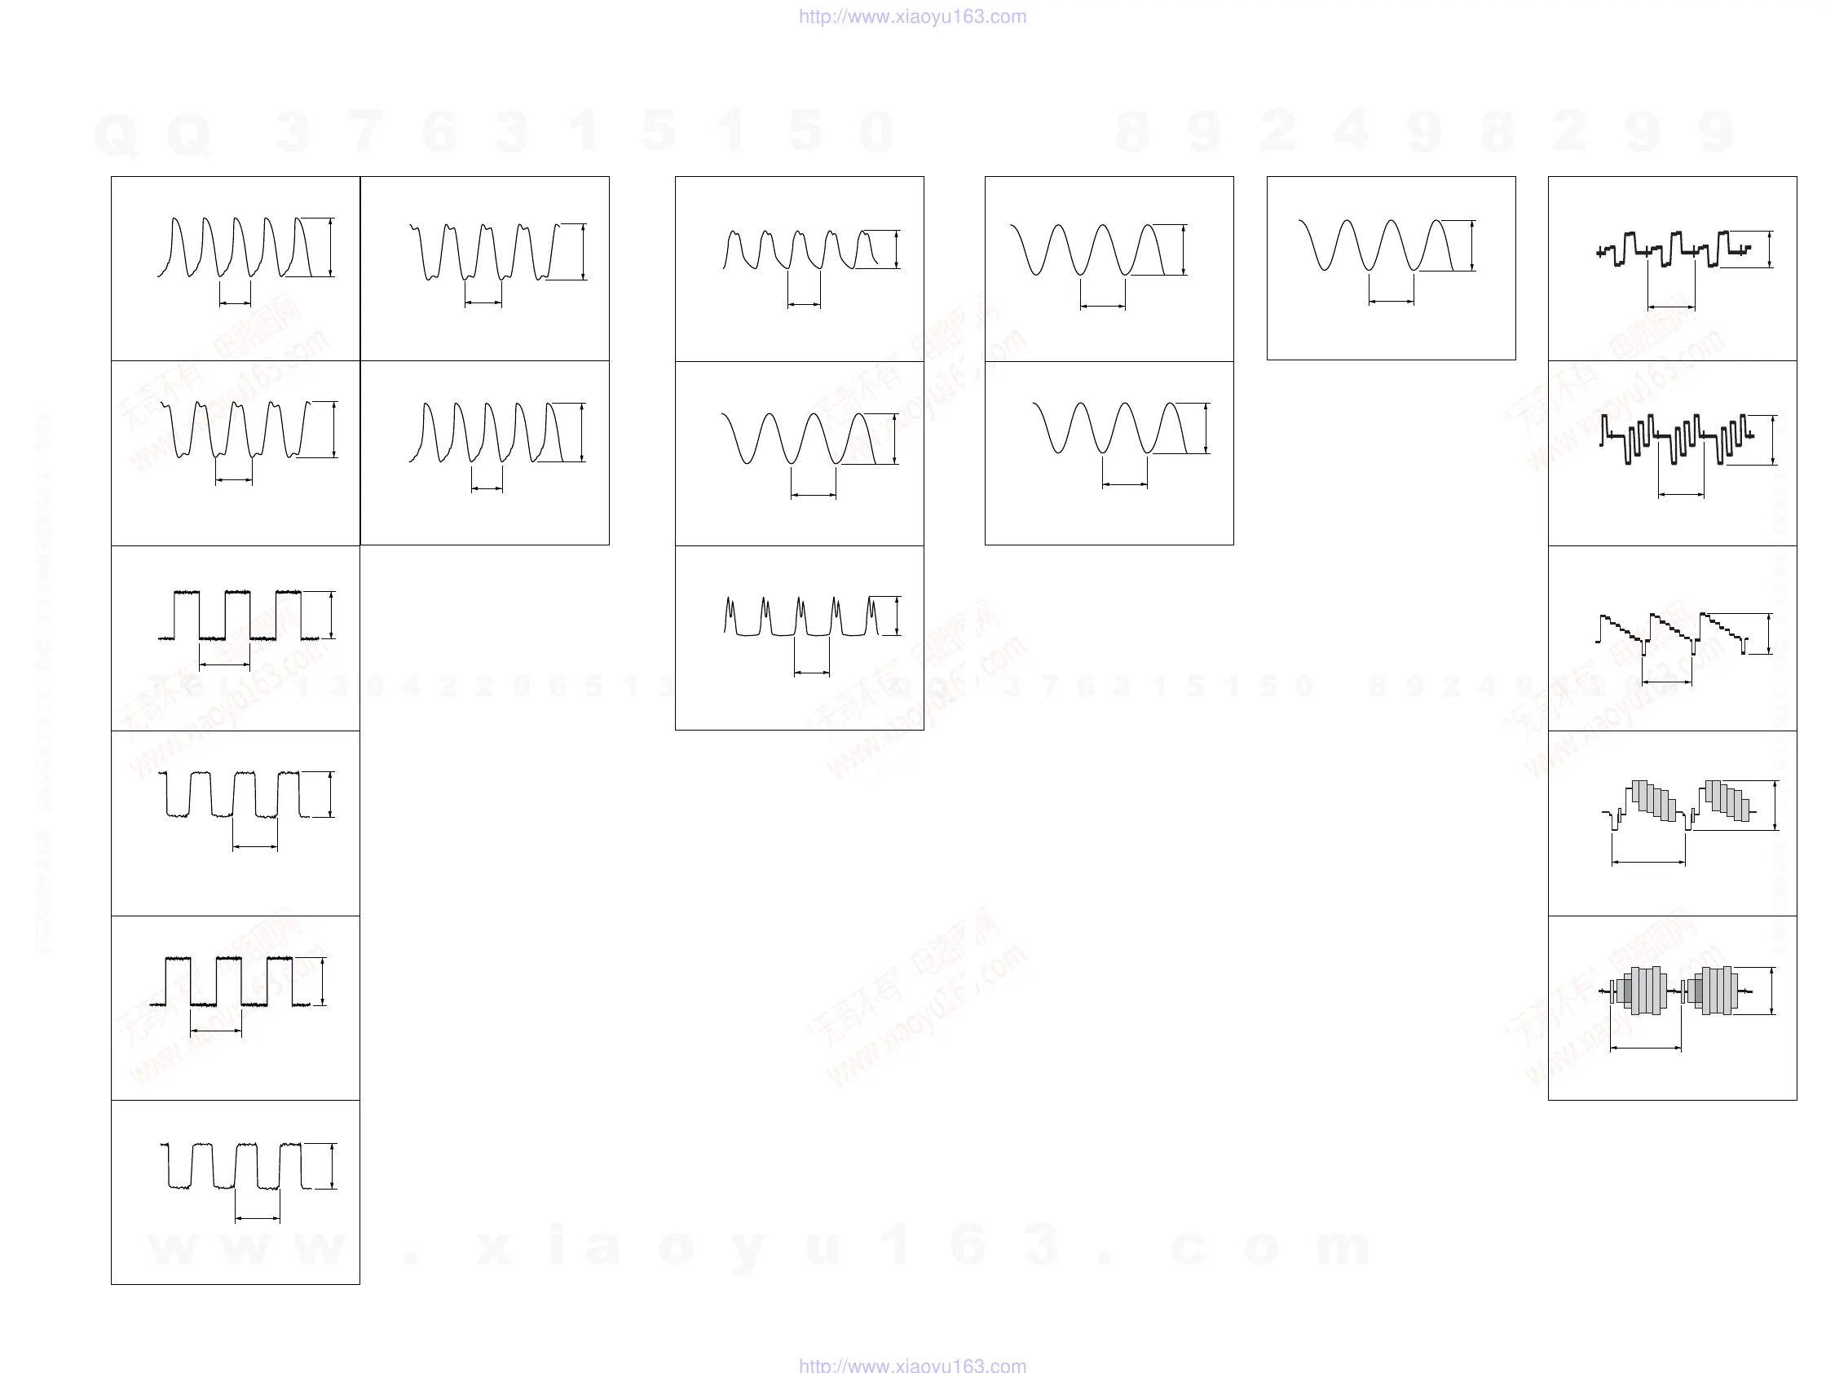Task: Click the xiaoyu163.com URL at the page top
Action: pyautogui.click(x=912, y=16)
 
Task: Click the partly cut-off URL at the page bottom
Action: pyautogui.click(x=912, y=1366)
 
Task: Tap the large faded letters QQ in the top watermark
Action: pyautogui.click(x=152, y=132)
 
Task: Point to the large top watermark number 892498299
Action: pyautogui.click(x=1424, y=132)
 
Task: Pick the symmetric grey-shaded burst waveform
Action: pyautogui.click(x=1676, y=991)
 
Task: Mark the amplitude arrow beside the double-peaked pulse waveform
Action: pyautogui.click(x=897, y=616)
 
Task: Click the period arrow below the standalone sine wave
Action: pyautogui.click(x=1391, y=302)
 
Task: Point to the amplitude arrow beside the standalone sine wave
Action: pyautogui.click(x=1472, y=246)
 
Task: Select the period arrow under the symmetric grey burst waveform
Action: pyautogui.click(x=1645, y=1048)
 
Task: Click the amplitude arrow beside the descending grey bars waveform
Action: pyautogui.click(x=1775, y=805)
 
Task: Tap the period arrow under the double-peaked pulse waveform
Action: pyautogui.click(x=811, y=673)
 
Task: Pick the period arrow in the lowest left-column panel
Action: pyautogui.click(x=258, y=1218)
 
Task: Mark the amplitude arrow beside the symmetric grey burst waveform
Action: pyautogui.click(x=1771, y=991)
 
